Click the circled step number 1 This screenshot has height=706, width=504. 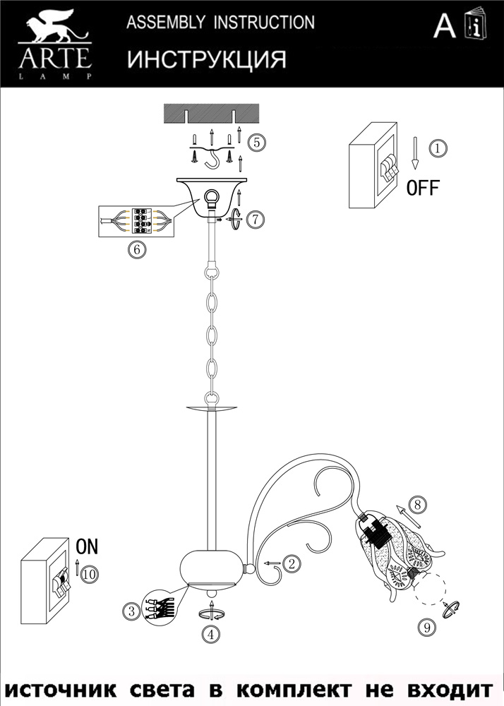point(438,149)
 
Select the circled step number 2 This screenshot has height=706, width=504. point(292,563)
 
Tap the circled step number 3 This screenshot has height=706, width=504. point(131,611)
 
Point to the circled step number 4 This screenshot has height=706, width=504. point(209,634)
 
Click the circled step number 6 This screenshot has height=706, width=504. point(136,249)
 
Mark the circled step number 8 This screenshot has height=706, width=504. point(418,505)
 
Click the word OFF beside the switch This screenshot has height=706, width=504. point(422,188)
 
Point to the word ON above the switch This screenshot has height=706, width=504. point(87,546)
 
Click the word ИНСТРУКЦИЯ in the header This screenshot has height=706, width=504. point(207,59)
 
